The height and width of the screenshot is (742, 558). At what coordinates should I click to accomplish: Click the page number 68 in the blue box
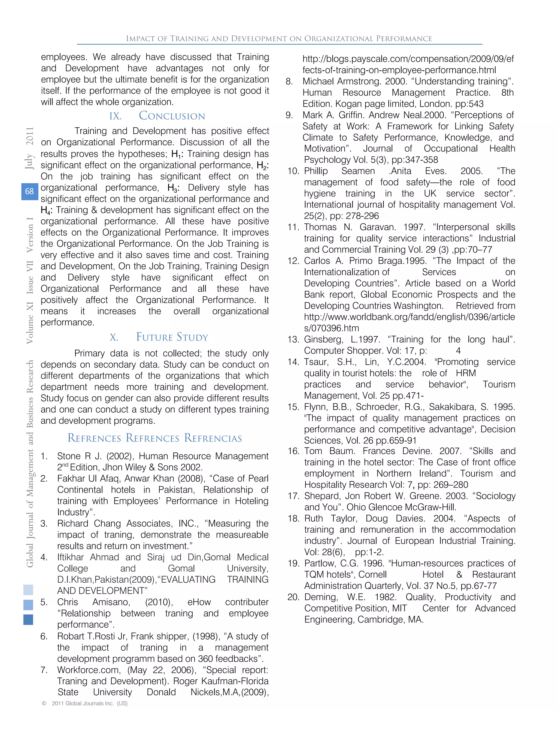[x=29, y=191]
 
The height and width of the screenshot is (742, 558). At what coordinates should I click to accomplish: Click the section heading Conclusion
[x=172, y=116]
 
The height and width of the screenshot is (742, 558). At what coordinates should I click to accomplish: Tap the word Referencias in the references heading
[x=213, y=438]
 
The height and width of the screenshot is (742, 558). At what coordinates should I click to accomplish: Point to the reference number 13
[x=293, y=339]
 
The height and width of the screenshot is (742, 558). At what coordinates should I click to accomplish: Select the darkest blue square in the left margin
[x=28, y=620]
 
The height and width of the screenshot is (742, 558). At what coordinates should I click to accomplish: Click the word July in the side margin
[x=29, y=161]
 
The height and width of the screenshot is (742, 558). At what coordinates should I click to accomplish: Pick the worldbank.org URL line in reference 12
[x=409, y=317]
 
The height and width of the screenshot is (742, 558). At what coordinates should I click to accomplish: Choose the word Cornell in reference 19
[x=372, y=574]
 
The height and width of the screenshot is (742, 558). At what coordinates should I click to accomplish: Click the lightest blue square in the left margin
[x=28, y=590]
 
